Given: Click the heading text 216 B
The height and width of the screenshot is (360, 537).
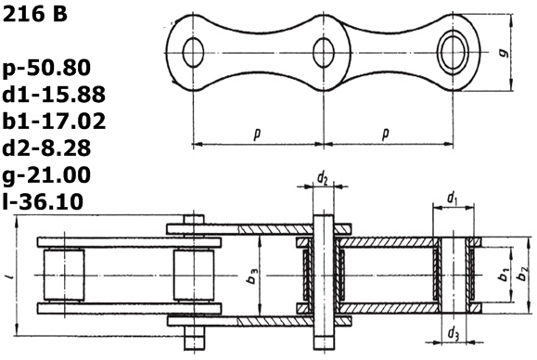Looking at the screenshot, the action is point(34,14).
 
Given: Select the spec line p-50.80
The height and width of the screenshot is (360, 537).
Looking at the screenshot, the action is point(47,68).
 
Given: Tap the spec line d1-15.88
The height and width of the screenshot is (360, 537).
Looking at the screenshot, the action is point(54,95).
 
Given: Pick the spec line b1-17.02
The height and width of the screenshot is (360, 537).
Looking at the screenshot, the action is point(54,121).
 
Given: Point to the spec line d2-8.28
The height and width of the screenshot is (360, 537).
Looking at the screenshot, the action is point(47,148).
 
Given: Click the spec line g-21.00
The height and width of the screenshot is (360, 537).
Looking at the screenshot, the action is point(47,174).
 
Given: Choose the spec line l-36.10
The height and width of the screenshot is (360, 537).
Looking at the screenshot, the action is point(44,201).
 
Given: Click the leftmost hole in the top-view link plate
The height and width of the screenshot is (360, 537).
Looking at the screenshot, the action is point(194,52).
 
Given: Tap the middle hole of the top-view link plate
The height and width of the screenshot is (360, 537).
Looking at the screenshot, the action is point(324,52).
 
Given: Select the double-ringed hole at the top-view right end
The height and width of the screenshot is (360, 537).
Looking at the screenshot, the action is point(454,52).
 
